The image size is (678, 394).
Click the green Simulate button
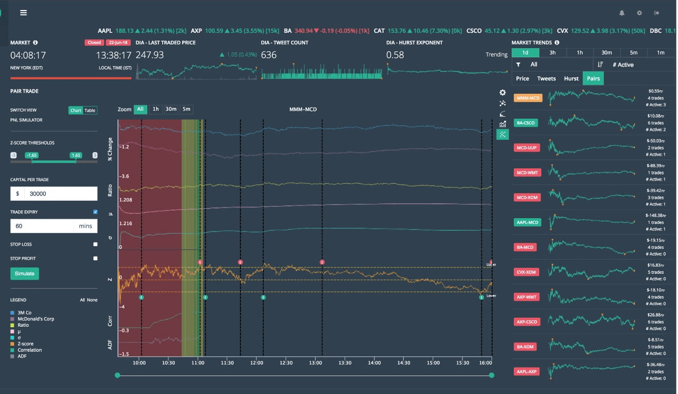coord(24,274)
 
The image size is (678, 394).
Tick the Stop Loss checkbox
coord(95,245)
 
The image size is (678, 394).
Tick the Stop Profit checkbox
coord(95,258)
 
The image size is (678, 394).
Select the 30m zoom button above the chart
coord(171,109)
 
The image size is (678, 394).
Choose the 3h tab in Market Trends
coord(552,52)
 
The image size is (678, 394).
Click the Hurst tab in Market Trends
coord(571,78)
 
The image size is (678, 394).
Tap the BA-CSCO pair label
coord(526,123)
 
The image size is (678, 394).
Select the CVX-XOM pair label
coord(527,272)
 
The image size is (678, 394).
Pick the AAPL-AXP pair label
coord(527,372)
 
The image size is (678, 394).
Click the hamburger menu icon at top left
coord(23,13)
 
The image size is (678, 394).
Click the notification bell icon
coord(622,13)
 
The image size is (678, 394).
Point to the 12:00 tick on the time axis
coord(257,363)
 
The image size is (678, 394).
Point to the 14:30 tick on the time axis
coord(403,363)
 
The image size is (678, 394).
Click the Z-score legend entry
coord(25,344)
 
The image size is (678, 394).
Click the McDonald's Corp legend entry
coord(35,319)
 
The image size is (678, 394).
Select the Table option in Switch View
coord(90,110)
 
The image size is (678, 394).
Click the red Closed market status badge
coord(94,42)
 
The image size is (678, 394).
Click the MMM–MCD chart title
coord(302,109)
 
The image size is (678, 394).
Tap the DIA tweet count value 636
coord(269,55)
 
